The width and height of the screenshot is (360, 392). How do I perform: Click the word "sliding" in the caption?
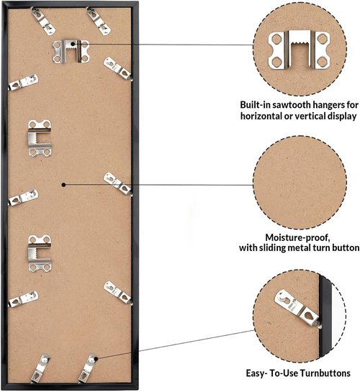point(271,247)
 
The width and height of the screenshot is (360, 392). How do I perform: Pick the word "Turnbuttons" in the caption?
point(325,373)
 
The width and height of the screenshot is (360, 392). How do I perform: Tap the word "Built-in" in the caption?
point(255,105)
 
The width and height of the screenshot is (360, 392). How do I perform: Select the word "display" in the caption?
point(341,117)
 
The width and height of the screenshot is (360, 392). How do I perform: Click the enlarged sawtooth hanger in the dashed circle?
point(300,50)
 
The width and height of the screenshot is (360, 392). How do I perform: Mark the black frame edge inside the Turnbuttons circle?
point(325,316)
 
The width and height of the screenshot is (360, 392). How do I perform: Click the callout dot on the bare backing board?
point(64,185)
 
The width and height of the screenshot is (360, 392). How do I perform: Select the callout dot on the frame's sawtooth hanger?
point(73,44)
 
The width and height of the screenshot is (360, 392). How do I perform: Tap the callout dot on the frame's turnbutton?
point(96,359)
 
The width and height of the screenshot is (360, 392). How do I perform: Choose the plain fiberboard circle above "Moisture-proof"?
point(300,182)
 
